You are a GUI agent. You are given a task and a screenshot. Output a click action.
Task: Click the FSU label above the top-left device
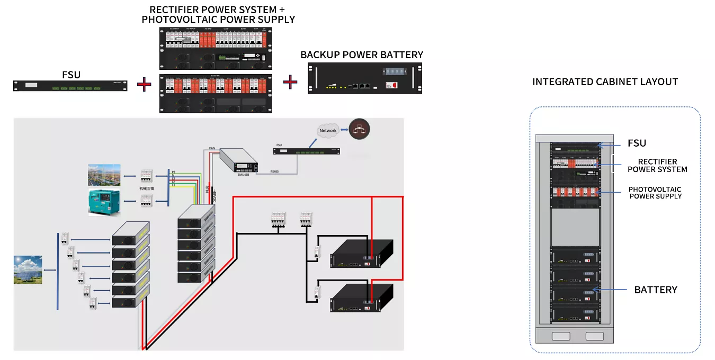tap(71, 75)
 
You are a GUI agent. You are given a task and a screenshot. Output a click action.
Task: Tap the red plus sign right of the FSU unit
tap(144, 84)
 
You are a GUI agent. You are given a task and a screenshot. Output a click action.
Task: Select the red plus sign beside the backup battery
tap(290, 82)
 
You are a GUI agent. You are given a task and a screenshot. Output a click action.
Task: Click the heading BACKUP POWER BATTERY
tap(362, 55)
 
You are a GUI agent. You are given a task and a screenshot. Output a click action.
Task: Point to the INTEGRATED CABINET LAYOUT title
tap(605, 82)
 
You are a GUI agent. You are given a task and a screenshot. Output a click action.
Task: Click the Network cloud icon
tap(328, 130)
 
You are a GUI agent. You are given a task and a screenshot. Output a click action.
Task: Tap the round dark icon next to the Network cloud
tap(359, 130)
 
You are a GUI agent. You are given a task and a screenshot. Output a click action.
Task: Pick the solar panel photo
tap(28, 269)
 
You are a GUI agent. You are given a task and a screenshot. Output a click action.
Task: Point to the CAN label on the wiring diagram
tap(211, 148)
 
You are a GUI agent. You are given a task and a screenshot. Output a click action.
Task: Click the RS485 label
tap(274, 172)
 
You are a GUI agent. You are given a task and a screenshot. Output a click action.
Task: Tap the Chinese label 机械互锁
tap(147, 188)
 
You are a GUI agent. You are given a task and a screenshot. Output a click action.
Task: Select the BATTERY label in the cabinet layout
tap(656, 290)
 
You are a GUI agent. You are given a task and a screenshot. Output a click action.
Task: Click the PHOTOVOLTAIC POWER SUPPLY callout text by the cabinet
tap(655, 193)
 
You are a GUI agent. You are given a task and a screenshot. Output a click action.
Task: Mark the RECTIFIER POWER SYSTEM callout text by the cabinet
tap(657, 166)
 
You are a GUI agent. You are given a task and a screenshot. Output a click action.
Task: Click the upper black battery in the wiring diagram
tap(361, 254)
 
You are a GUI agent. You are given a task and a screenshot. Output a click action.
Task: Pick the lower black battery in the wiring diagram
tap(361, 298)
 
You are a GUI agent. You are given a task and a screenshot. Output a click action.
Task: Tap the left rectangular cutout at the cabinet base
tap(561, 336)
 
